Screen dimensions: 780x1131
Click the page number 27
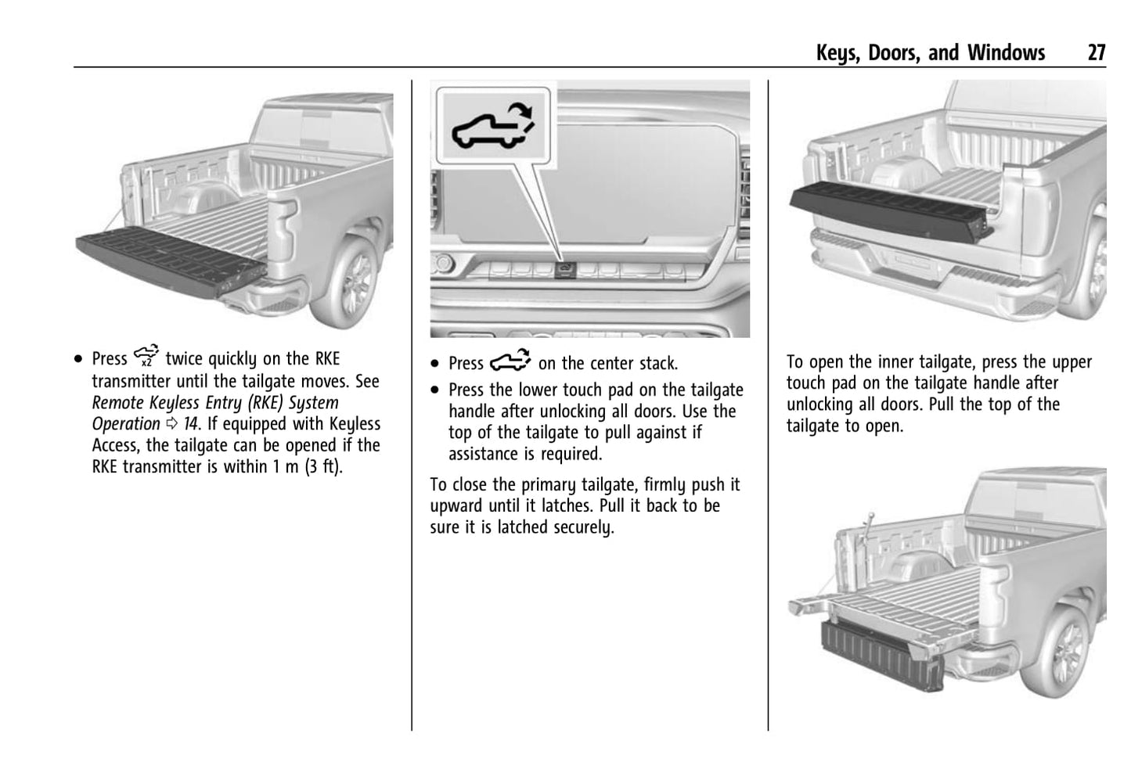click(1096, 52)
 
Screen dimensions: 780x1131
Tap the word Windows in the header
click(1006, 52)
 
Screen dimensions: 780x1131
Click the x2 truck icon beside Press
click(146, 356)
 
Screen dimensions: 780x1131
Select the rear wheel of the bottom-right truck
click(1067, 653)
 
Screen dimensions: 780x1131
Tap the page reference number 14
click(190, 424)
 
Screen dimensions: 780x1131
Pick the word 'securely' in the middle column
click(582, 528)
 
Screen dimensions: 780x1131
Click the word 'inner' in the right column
click(895, 361)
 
